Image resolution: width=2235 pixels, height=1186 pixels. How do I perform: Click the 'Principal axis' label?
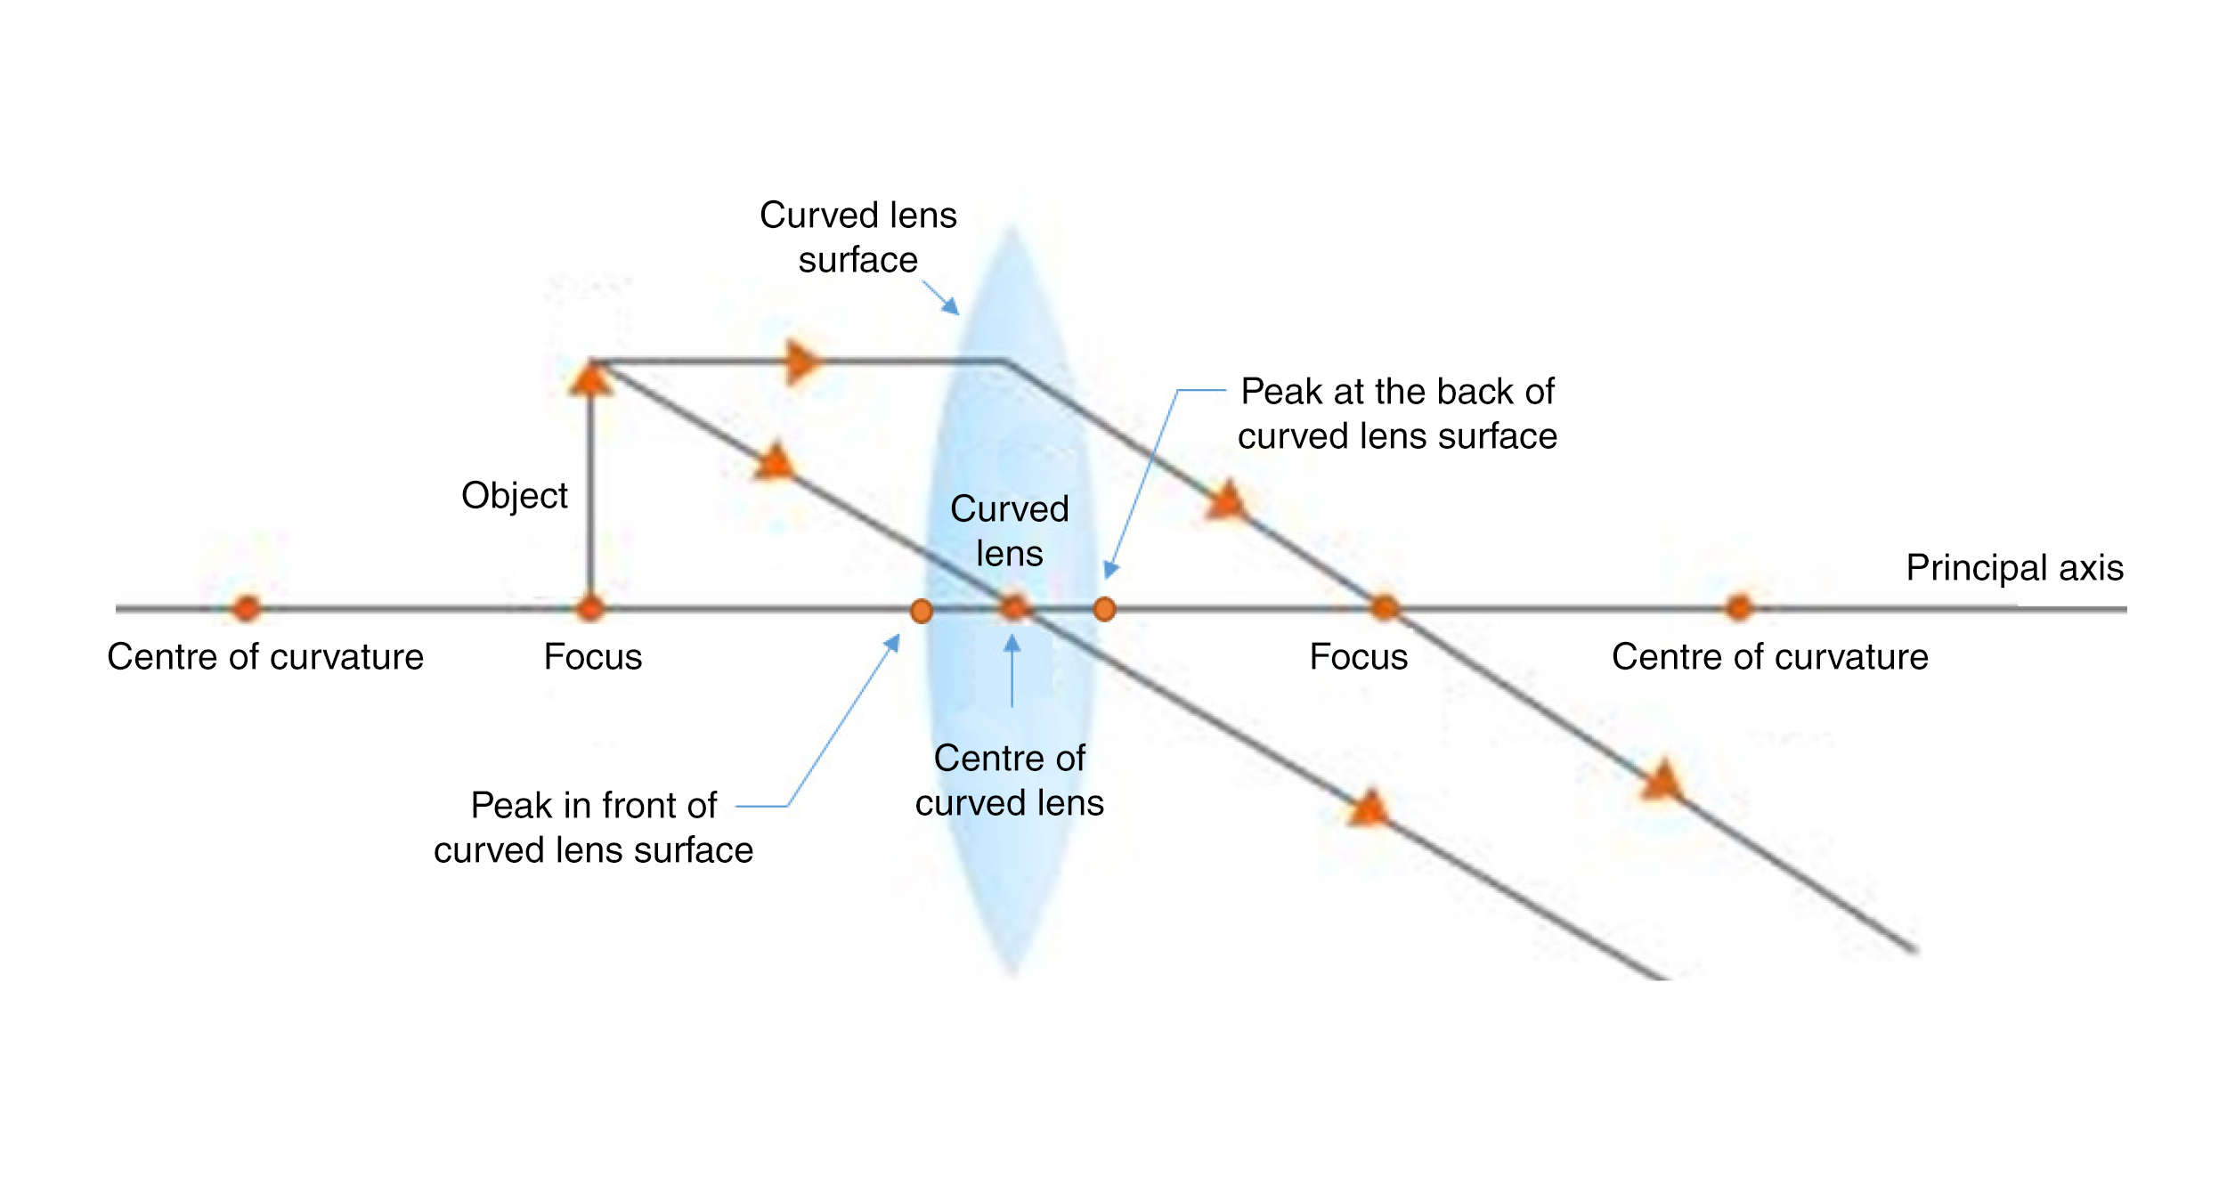(x=2014, y=568)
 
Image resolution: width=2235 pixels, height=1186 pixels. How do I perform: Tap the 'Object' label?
(x=514, y=496)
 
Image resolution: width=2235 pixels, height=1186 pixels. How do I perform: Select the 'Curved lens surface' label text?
(x=857, y=237)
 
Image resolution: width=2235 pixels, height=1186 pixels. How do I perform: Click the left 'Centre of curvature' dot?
(x=247, y=608)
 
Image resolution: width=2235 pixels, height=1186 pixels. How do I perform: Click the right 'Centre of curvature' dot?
(x=1738, y=608)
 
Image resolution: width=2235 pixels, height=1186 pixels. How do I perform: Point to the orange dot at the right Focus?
(x=1384, y=608)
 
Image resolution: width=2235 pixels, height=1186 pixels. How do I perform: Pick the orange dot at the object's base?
(x=589, y=609)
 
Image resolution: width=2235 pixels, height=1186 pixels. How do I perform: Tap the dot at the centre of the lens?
(x=1013, y=608)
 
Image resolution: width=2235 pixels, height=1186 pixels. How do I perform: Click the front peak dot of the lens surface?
(x=922, y=611)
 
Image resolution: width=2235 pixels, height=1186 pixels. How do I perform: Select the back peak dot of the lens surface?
(x=1104, y=609)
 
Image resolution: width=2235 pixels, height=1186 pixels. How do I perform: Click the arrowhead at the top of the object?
(x=590, y=378)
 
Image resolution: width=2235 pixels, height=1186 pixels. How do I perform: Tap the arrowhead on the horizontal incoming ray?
(x=803, y=361)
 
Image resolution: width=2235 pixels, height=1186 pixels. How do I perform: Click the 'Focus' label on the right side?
(x=1358, y=657)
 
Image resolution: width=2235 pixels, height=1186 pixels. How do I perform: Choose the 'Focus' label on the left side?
(x=593, y=657)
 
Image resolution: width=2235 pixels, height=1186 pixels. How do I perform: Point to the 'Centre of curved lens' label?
(x=1010, y=780)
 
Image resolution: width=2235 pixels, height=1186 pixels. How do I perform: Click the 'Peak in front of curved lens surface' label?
(x=594, y=827)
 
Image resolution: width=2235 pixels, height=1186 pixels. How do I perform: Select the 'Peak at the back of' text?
(x=1397, y=392)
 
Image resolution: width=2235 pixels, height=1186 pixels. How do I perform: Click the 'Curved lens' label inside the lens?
(x=1010, y=531)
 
